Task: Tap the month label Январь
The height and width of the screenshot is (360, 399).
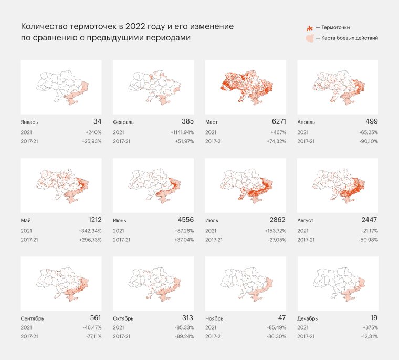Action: click(29, 122)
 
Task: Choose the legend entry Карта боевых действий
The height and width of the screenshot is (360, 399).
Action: click(346, 38)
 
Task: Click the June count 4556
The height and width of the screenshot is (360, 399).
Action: click(185, 220)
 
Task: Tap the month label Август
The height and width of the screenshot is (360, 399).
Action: click(306, 221)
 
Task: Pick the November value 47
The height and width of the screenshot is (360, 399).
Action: click(280, 318)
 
